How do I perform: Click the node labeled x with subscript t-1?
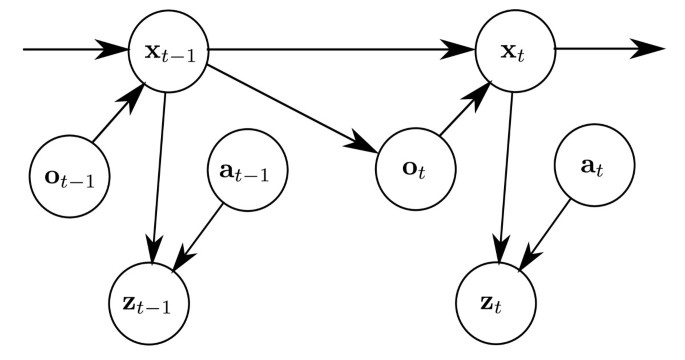click(x=167, y=48)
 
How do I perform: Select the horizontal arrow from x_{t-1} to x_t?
click(x=340, y=48)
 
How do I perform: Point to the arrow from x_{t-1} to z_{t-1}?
click(x=158, y=170)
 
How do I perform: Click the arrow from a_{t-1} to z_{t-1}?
click(x=203, y=238)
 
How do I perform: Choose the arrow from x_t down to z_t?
click(x=505, y=170)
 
